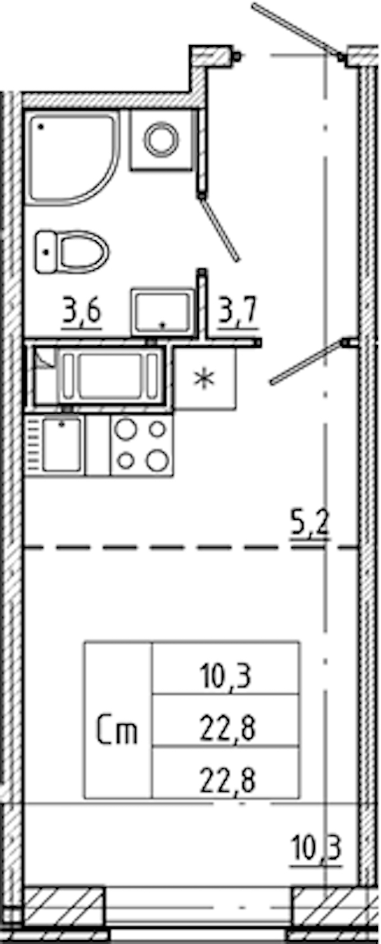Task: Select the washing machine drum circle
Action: click(161, 139)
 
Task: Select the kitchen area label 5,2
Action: click(310, 523)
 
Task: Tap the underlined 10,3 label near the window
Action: click(316, 847)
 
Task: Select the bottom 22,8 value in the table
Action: click(227, 780)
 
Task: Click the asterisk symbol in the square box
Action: click(204, 378)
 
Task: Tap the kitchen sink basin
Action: click(62, 445)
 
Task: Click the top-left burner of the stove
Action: click(126, 430)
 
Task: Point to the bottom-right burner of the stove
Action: click(157, 460)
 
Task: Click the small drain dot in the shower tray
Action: click(41, 126)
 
